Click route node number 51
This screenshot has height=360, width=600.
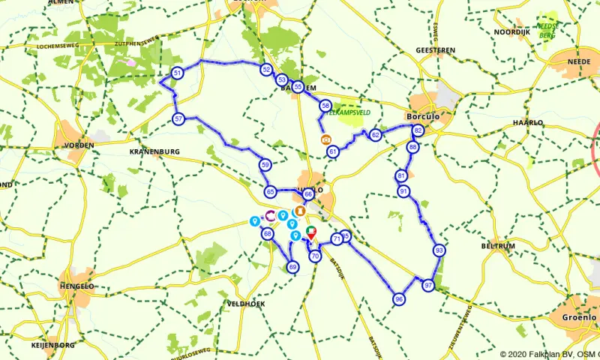(178, 73)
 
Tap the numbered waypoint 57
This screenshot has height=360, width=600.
(178, 119)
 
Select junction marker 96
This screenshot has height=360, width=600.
(398, 299)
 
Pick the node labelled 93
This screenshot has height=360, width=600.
(439, 250)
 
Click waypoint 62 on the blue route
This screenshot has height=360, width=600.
(376, 135)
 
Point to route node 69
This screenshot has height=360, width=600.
(292, 267)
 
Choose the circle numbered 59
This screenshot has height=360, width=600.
(265, 164)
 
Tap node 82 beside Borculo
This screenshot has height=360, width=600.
(418, 131)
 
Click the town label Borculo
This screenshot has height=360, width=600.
(421, 117)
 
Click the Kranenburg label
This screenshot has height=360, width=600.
(155, 151)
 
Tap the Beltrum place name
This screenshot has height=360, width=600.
(499, 245)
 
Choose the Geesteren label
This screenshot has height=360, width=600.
(435, 50)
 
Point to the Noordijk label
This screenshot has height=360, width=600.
(512, 32)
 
